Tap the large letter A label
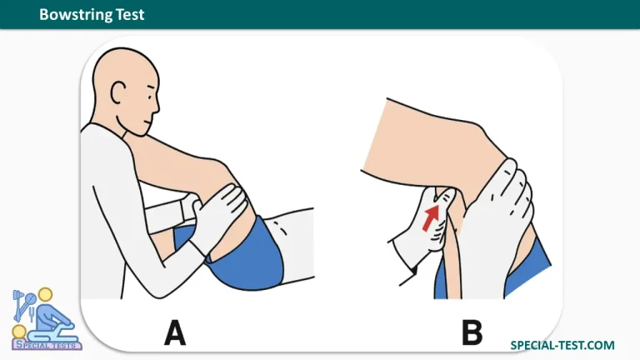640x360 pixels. [x=175, y=332]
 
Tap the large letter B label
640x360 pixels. [x=472, y=332]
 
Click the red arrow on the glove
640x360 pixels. [x=431, y=217]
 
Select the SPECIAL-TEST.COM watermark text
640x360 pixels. [x=562, y=345]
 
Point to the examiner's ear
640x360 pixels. [x=117, y=93]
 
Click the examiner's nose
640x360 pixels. [x=157, y=106]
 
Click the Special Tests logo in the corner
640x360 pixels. [x=45, y=319]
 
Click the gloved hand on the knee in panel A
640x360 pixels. [x=220, y=217]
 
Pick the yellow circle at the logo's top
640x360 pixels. [x=45, y=295]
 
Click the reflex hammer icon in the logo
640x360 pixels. [x=19, y=304]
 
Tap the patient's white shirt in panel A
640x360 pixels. [x=289, y=245]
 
